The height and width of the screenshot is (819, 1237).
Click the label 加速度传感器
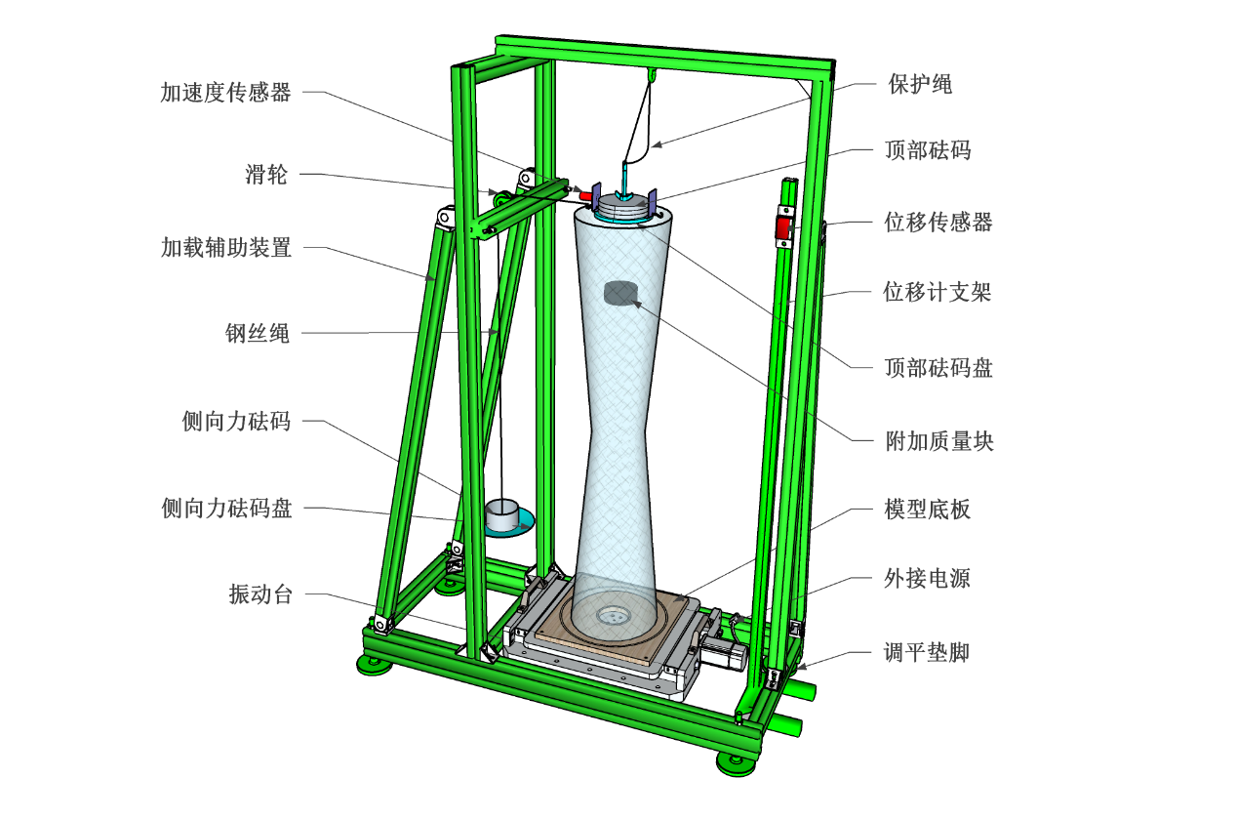[x=225, y=94]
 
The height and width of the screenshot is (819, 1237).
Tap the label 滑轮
[x=265, y=176]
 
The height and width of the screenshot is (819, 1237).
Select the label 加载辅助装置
[x=225, y=248]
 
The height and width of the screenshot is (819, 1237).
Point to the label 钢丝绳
[x=257, y=334]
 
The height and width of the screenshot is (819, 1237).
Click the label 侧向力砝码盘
[x=225, y=509]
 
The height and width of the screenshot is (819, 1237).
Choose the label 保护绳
[x=919, y=85]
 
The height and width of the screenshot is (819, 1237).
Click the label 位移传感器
[x=938, y=223]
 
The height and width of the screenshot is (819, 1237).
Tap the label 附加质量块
[x=938, y=441]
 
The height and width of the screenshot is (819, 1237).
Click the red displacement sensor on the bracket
[x=782, y=227]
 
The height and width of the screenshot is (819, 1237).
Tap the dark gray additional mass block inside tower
[x=619, y=292]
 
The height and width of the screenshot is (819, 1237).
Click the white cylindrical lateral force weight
[x=503, y=516]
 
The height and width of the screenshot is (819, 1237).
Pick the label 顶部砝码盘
[x=938, y=367]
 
